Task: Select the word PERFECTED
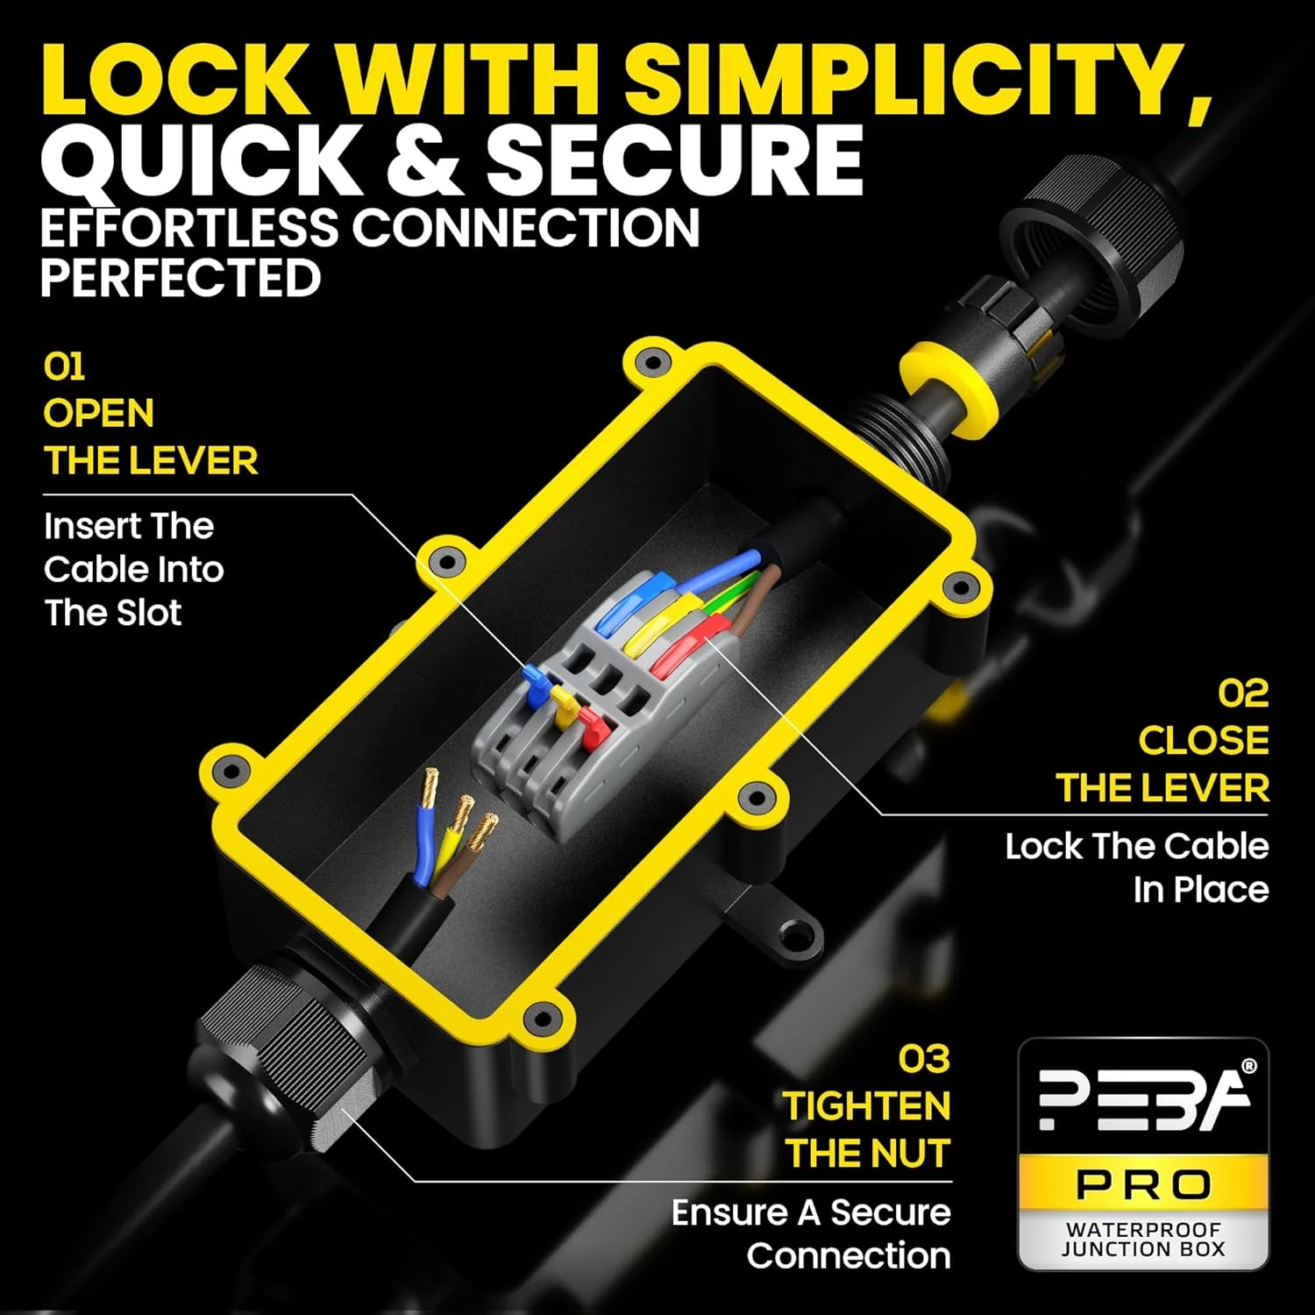pyautogui.click(x=181, y=278)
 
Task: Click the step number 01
pyautogui.click(x=64, y=366)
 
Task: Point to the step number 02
pyautogui.click(x=1243, y=693)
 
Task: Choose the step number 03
pyautogui.click(x=924, y=1059)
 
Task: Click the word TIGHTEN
pyautogui.click(x=866, y=1106)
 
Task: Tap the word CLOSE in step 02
pyautogui.click(x=1204, y=741)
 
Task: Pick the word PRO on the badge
pyautogui.click(x=1144, y=1185)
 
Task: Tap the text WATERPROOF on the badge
pyautogui.click(x=1143, y=1229)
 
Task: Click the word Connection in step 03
pyautogui.click(x=849, y=1256)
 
